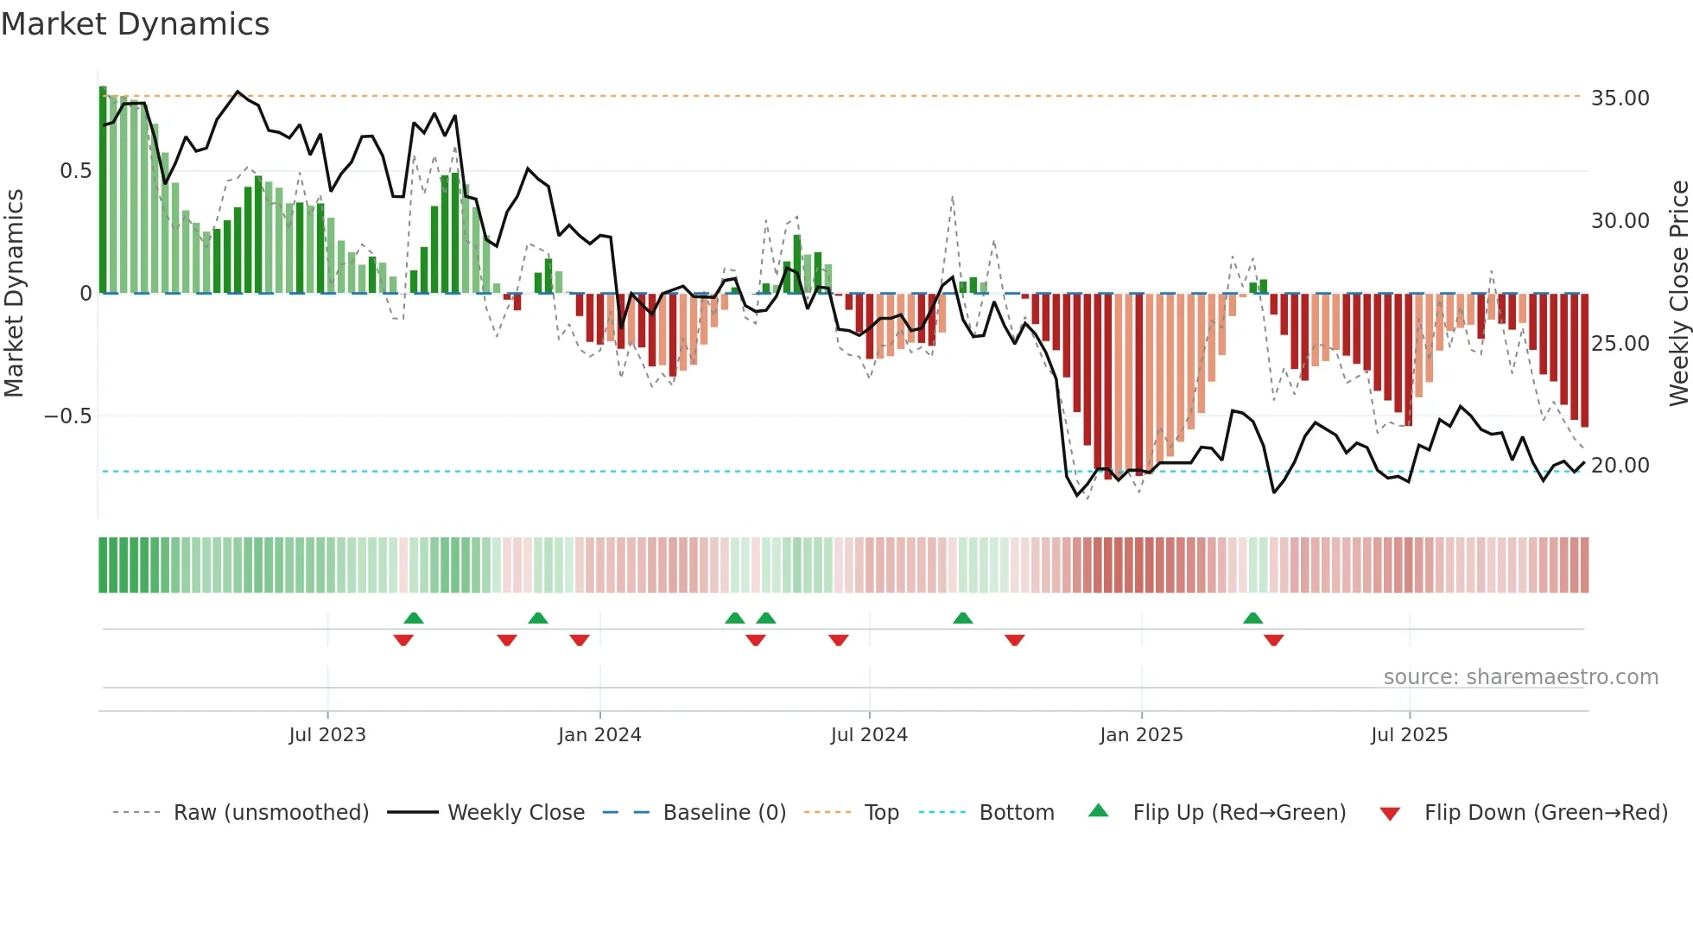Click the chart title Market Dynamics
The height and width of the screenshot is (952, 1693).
click(135, 24)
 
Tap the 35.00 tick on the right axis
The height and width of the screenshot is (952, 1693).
click(1620, 98)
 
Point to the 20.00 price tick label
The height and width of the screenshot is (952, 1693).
click(1620, 466)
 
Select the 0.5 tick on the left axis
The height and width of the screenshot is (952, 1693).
click(75, 171)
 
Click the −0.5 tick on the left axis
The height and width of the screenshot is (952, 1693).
click(67, 416)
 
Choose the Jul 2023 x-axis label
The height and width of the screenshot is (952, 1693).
click(327, 735)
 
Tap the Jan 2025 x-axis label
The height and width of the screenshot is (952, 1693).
click(1141, 735)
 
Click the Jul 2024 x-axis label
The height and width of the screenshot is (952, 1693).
click(869, 735)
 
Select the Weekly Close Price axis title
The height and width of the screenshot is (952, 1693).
click(1678, 294)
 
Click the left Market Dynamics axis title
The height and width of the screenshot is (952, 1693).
click(14, 294)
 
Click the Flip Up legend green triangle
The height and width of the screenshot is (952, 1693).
click(1098, 810)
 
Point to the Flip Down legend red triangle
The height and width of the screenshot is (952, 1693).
click(1390, 814)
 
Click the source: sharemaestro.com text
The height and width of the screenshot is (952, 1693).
click(1520, 677)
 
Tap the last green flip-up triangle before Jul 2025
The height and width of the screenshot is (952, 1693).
click(1252, 619)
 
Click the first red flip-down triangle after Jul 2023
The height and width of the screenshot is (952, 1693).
click(403, 640)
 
